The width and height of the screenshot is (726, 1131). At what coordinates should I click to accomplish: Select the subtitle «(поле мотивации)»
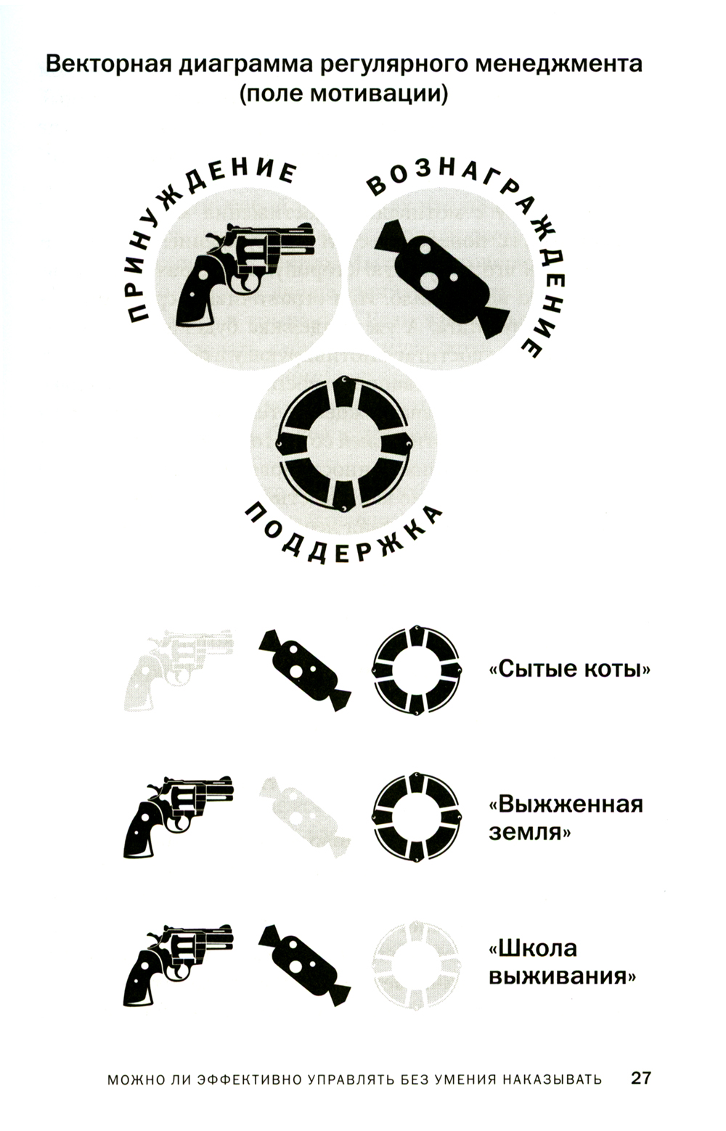coord(343,94)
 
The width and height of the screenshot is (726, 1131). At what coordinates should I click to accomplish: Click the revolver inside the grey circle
coord(245,273)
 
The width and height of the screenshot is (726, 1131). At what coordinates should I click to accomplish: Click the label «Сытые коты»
coord(570,670)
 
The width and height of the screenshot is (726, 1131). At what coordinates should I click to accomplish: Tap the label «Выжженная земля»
coord(566,818)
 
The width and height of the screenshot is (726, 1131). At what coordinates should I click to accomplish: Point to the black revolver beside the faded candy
coord(179,816)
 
